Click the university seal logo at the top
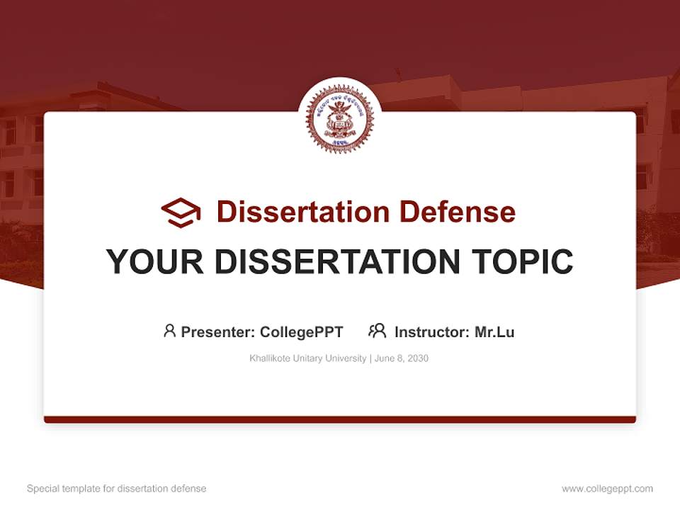pos(340,119)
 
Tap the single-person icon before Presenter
pos(169,331)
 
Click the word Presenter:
pos(218,331)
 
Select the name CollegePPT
pos(302,331)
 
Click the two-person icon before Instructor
pos(377,331)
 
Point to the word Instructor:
pos(432,331)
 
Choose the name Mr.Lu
pos(494,331)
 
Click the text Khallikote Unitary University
pos(307,358)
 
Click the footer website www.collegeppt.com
pos(607,489)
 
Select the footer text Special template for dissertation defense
pos(116,489)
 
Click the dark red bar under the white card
pos(340,419)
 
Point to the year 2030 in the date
pos(417,358)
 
